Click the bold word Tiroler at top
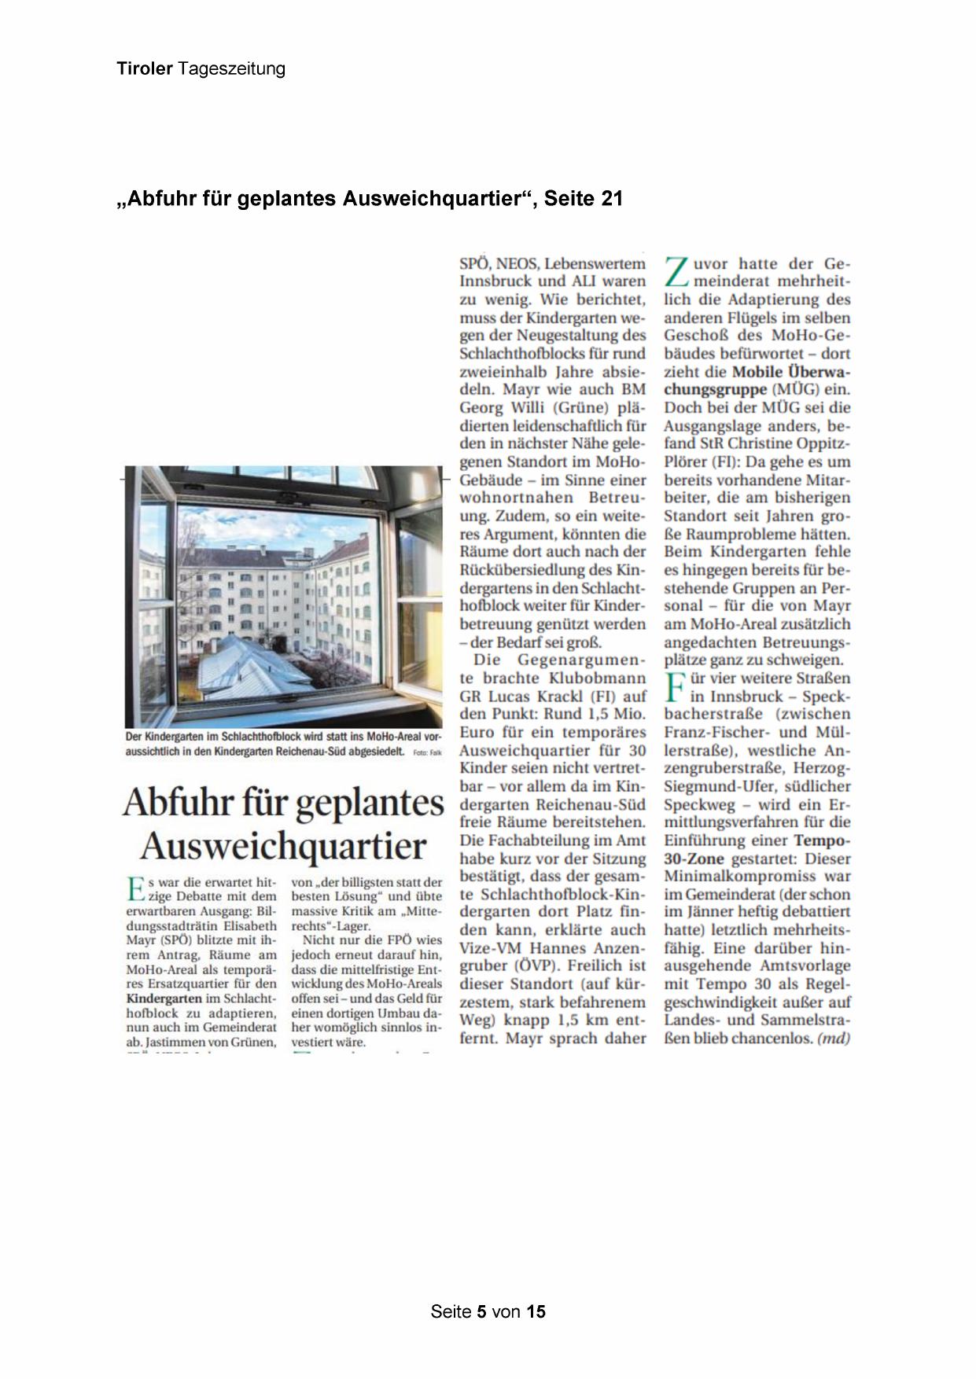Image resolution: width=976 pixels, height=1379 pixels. coord(145,69)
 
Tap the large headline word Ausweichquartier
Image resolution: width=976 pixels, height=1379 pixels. coord(283,847)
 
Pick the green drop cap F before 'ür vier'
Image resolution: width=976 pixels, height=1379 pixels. coord(674,687)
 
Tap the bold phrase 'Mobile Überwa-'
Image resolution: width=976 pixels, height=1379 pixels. coord(791,371)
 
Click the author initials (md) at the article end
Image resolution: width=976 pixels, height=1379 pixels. coord(834,1038)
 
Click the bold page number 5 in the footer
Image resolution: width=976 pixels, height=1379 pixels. coord(482,1311)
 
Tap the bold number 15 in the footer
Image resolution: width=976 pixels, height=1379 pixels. coord(536,1311)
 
